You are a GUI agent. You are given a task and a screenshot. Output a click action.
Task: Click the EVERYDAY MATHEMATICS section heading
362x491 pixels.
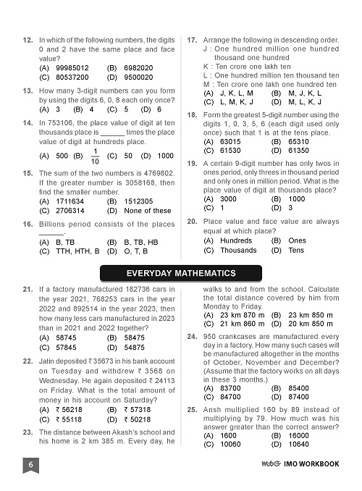point(180,273)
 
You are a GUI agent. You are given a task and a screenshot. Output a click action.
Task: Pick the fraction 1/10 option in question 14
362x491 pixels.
point(96,155)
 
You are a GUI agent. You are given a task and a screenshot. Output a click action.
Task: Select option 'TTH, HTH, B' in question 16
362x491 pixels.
point(76,251)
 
